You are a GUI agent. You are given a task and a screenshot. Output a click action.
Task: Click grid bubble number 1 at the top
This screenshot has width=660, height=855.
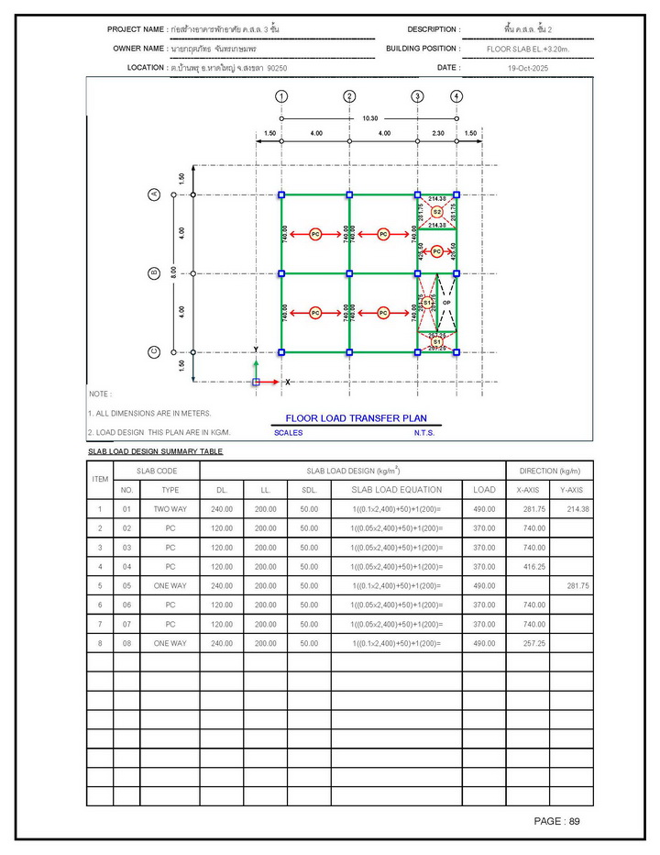pyautogui.click(x=281, y=96)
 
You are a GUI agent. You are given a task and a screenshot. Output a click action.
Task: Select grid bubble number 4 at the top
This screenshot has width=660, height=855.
pyautogui.click(x=456, y=96)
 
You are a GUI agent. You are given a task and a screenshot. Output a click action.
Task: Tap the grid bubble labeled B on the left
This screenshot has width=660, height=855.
pyautogui.click(x=154, y=273)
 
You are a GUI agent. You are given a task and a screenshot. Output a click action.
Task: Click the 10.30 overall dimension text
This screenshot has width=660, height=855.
pyautogui.click(x=370, y=117)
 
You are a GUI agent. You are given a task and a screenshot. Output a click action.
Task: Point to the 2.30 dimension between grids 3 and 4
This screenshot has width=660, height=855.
pyautogui.click(x=437, y=134)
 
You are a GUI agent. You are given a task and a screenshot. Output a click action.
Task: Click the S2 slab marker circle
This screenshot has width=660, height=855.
pyautogui.click(x=437, y=212)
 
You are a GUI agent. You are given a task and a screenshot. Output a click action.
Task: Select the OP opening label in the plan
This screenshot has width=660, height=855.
pyautogui.click(x=446, y=302)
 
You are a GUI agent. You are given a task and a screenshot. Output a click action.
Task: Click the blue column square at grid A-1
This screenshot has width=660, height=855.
pyautogui.click(x=281, y=194)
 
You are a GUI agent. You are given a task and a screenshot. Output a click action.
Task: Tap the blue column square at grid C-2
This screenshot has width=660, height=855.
pyautogui.click(x=349, y=351)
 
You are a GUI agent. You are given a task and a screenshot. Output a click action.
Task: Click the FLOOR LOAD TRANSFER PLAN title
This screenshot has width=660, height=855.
pyautogui.click(x=356, y=418)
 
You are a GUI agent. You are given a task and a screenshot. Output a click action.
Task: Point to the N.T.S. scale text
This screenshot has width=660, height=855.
pyautogui.click(x=423, y=433)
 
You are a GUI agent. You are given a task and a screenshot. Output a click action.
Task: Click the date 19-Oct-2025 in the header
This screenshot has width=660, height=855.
pyautogui.click(x=527, y=68)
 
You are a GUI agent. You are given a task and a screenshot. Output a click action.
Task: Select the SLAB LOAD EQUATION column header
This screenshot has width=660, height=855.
pyautogui.click(x=396, y=490)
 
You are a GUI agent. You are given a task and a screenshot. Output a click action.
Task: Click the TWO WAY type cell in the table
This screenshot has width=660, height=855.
pyautogui.click(x=170, y=509)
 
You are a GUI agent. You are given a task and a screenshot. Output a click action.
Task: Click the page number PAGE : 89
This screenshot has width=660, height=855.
pyautogui.click(x=556, y=821)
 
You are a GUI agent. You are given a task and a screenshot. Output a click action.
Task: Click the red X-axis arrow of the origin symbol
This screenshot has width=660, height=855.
pyautogui.click(x=272, y=381)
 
